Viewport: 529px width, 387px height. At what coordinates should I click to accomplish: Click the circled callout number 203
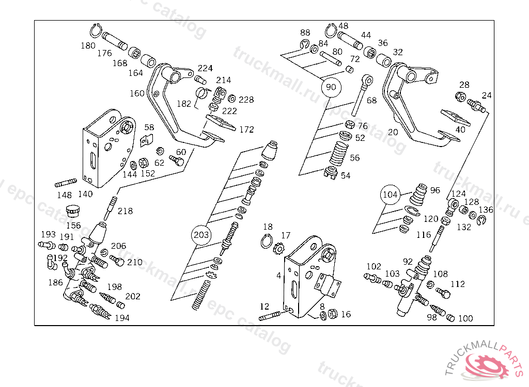tap(201, 235)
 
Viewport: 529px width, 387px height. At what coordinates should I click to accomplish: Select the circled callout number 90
tap(331, 87)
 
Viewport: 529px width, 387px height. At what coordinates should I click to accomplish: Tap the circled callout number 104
tap(391, 195)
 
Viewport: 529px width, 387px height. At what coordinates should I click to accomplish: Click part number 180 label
tap(88, 45)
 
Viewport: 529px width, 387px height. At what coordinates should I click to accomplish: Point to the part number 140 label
tap(85, 194)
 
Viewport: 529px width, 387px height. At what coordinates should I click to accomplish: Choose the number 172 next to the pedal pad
tap(246, 129)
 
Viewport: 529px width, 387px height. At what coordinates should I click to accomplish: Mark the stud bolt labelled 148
tap(65, 183)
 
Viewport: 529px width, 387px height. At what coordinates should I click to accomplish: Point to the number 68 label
tap(371, 100)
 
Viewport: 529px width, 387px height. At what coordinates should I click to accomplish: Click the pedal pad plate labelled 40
tap(455, 118)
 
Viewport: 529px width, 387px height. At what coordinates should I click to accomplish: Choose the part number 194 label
tap(122, 318)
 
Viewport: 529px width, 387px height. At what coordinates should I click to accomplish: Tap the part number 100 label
tap(465, 318)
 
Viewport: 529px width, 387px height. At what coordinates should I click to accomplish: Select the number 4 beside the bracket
tap(279, 276)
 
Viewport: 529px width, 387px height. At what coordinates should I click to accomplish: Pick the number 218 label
tap(125, 211)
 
